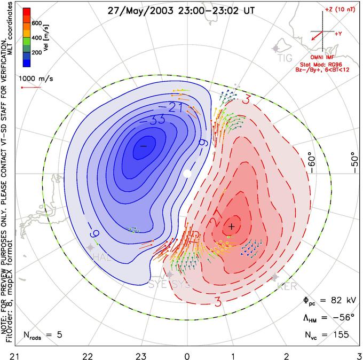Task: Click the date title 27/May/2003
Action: [x=136, y=10]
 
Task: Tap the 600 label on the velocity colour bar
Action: [x=37, y=24]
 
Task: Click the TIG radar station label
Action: [x=286, y=58]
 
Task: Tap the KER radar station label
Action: [x=287, y=287]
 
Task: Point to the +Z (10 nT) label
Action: [x=335, y=10]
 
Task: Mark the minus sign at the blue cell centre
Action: [x=143, y=145]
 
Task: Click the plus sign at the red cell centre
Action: [x=231, y=226]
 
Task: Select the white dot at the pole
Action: [x=187, y=174]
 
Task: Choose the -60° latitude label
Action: [x=313, y=162]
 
